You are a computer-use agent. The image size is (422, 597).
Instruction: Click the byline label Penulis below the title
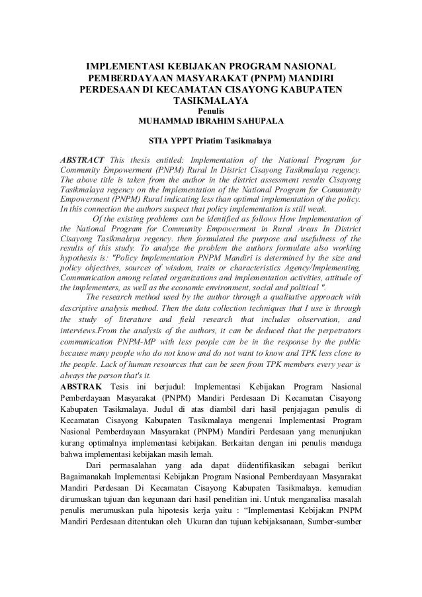[212, 112]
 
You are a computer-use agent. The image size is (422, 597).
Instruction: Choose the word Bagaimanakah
[89, 475]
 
